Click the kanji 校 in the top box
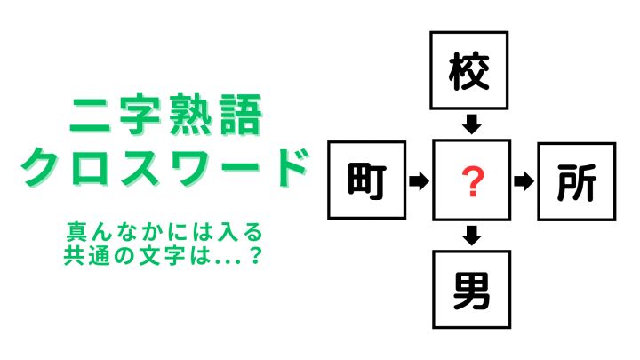click(x=468, y=71)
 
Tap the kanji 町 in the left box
click(x=366, y=180)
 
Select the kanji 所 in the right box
click(x=576, y=182)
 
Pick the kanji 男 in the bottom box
click(x=471, y=290)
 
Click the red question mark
click(x=473, y=181)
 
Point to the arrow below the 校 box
click(x=472, y=124)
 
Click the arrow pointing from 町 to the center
click(x=419, y=180)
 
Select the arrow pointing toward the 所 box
click(x=524, y=180)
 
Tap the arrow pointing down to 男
click(x=472, y=235)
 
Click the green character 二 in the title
click(x=90, y=116)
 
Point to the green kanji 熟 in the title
click(x=189, y=115)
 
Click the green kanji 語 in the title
click(x=241, y=115)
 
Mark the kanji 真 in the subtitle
click(x=76, y=232)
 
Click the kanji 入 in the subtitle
click(x=228, y=232)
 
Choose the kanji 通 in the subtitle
click(x=99, y=255)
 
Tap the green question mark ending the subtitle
click(x=255, y=255)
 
